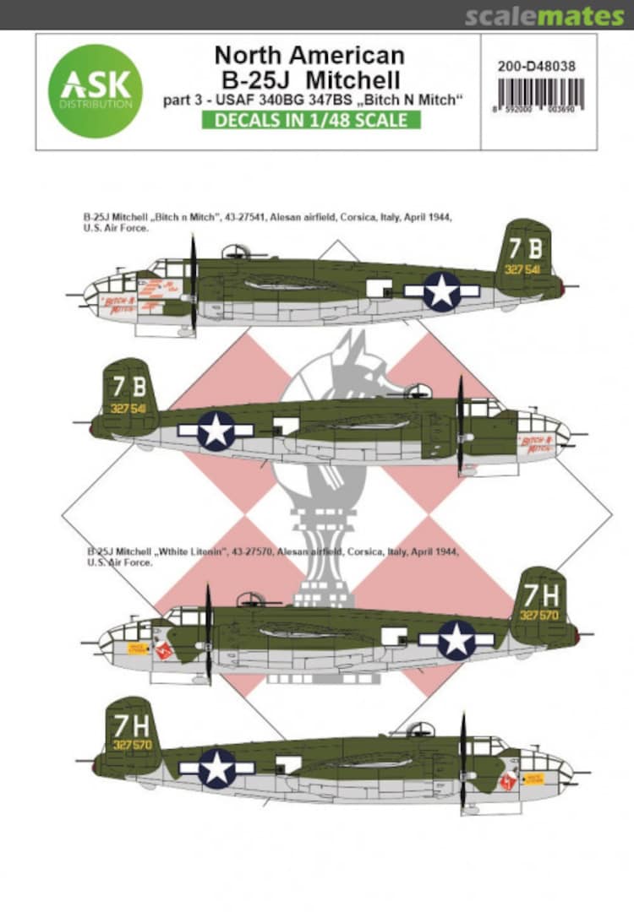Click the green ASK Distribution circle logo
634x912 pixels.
95,91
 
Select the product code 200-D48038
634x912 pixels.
537,60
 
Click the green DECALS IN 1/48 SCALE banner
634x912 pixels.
309,120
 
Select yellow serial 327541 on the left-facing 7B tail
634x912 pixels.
525,271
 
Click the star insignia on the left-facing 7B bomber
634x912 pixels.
442,290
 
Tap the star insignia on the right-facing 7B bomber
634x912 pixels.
216,431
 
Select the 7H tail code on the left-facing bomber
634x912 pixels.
540,594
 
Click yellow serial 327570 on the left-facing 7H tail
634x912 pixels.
538,616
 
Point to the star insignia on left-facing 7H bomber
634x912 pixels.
457,640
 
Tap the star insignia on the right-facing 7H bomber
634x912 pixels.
216,768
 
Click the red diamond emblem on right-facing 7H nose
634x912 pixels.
509,782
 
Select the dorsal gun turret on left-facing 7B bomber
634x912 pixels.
233,251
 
